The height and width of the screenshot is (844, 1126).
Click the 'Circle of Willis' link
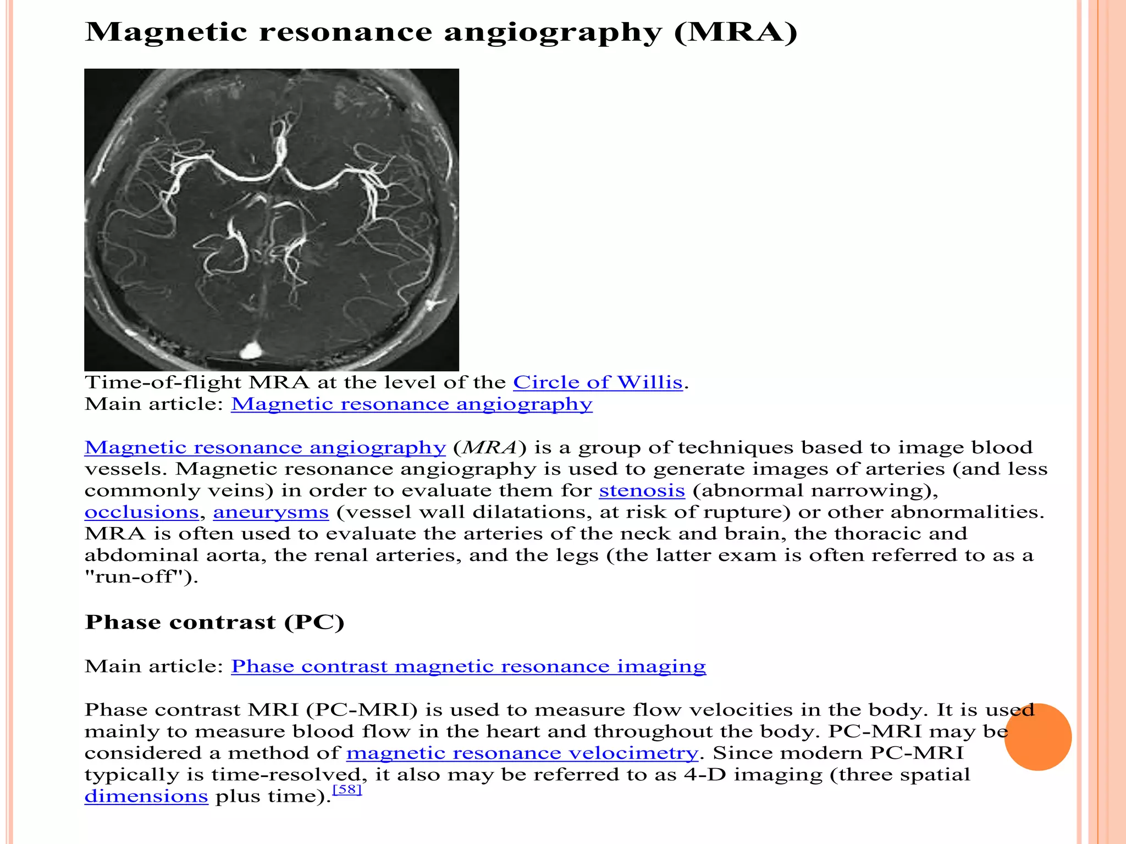pyautogui.click(x=598, y=382)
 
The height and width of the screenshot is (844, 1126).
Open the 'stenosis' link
pyautogui.click(x=642, y=490)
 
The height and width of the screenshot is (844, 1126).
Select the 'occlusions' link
pyautogui.click(x=141, y=512)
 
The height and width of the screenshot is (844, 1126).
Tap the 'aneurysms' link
pyautogui.click(x=271, y=512)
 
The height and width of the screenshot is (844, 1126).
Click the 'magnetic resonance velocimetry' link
pyautogui.click(x=522, y=753)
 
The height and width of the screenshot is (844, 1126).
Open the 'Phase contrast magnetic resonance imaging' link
pyautogui.click(x=468, y=666)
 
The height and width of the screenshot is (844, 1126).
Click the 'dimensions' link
pyautogui.click(x=146, y=796)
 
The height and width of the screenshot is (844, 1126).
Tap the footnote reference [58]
pyautogui.click(x=347, y=790)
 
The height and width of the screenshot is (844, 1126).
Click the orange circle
pyautogui.click(x=1037, y=737)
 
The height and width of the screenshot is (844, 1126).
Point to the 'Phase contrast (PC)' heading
pyautogui.click(x=214, y=622)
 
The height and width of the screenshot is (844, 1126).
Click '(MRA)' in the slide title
pyautogui.click(x=736, y=32)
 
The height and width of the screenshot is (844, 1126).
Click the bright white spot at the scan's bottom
pyautogui.click(x=251, y=349)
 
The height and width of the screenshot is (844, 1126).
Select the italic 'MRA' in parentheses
pyautogui.click(x=490, y=447)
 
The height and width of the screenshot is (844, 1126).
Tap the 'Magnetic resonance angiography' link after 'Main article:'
pyautogui.click(x=411, y=404)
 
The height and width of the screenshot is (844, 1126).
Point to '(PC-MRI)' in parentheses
pyautogui.click(x=362, y=710)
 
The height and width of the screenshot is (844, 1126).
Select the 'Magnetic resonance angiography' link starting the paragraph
pyautogui.click(x=264, y=447)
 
